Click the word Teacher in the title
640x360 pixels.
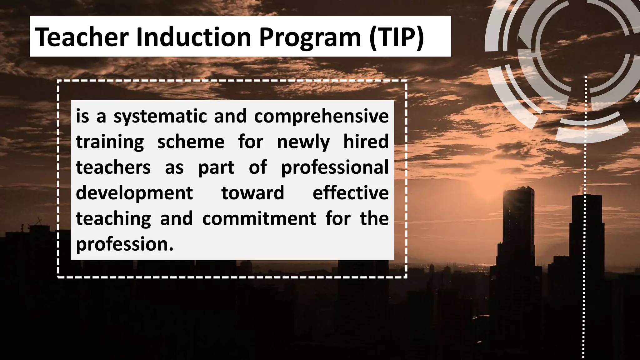tap(82, 37)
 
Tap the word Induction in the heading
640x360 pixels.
tap(194, 37)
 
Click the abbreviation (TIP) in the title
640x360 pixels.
tap(396, 37)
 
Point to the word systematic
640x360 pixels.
tap(160, 117)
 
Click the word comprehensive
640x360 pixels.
tap(321, 117)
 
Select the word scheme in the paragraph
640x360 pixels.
tap(191, 142)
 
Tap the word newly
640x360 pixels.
tap(303, 142)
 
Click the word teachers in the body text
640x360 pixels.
tap(113, 167)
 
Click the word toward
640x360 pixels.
tap(252, 193)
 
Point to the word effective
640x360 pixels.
tap(351, 193)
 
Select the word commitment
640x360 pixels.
tap(259, 218)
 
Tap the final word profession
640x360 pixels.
tap(124, 244)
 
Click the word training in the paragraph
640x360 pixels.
tap(110, 142)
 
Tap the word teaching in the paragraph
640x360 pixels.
tap(113, 218)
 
